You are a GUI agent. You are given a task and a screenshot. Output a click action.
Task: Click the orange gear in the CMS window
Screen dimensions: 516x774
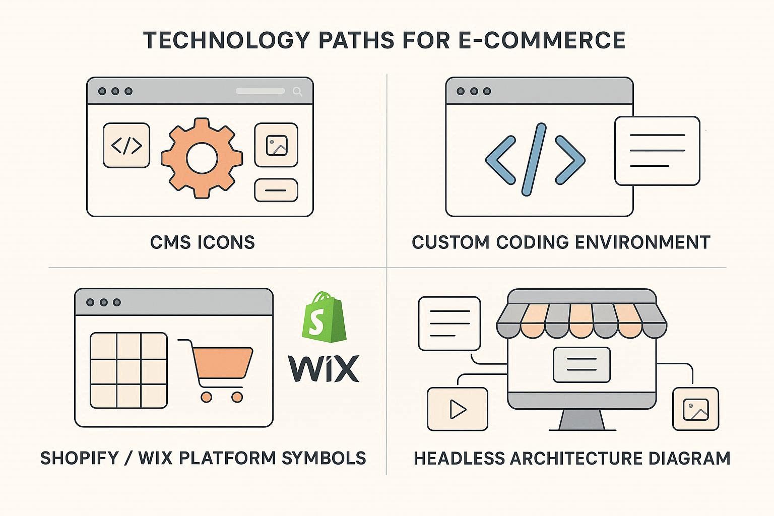pos(202,158)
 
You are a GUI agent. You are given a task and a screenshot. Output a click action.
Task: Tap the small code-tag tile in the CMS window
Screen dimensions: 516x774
pos(126,146)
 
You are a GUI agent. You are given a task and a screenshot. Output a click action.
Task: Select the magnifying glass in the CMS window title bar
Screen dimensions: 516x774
pos(297,91)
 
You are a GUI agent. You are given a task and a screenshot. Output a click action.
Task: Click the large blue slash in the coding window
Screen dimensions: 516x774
pos(535,159)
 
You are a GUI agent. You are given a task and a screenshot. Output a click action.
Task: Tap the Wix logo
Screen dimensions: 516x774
pos(324,368)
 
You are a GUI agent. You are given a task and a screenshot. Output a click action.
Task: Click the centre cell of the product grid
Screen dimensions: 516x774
pos(129,370)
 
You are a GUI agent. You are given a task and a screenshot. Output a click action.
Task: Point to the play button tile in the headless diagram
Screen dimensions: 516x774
pos(458,409)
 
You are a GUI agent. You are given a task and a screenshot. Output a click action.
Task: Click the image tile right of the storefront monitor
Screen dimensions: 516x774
pos(695,409)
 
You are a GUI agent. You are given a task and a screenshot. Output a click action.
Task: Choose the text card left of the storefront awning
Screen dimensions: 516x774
pos(449,324)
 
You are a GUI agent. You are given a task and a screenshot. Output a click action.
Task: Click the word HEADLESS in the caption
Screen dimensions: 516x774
pos(458,459)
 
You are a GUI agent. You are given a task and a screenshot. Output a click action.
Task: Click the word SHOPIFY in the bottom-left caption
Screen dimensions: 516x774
pos(80,458)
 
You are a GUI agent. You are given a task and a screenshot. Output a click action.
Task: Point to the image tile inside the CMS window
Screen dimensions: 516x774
pos(276,145)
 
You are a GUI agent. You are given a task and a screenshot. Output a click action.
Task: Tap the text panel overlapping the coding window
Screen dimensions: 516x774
pos(657,150)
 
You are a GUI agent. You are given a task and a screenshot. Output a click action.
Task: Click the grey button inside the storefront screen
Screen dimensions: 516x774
pos(582,364)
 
